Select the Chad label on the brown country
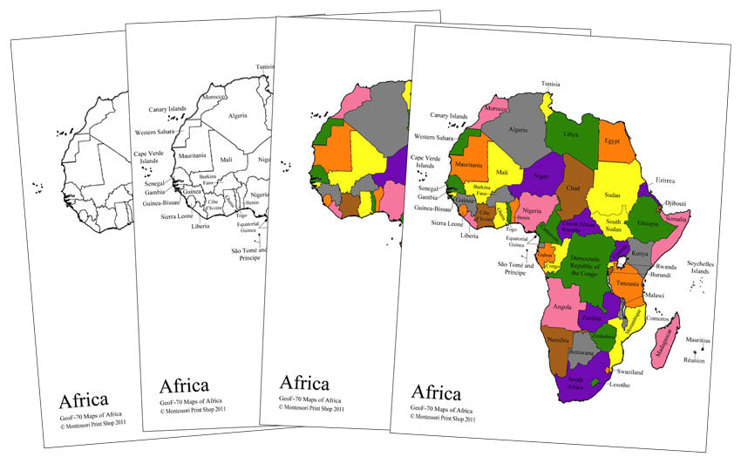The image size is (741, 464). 573,188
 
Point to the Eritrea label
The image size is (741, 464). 665,181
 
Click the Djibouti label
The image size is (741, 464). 675,203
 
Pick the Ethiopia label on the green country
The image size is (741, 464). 648,223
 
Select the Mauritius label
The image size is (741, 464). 698,340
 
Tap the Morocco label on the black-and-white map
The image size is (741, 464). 213,98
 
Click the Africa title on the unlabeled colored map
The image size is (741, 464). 303,383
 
